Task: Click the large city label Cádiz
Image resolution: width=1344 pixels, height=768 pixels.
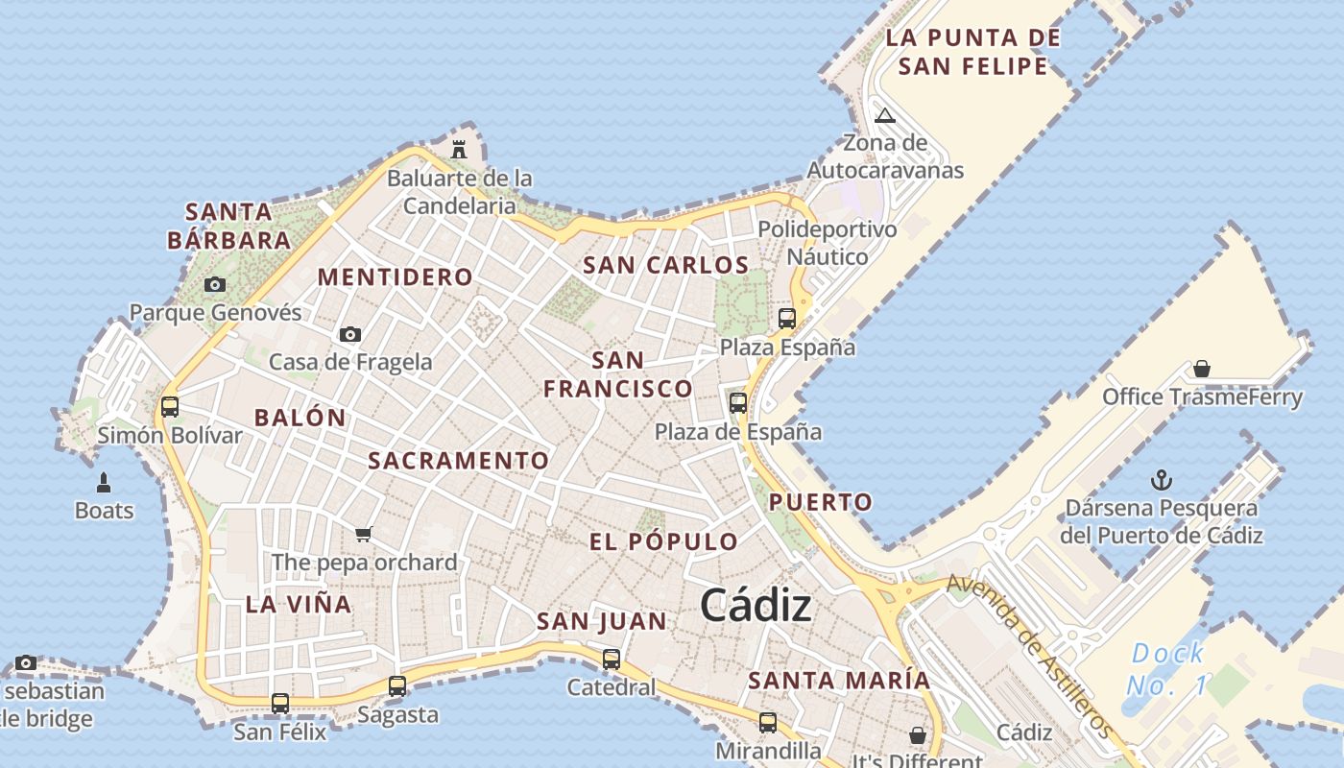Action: click(756, 606)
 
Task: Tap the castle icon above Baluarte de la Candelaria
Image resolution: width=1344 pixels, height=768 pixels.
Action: click(459, 150)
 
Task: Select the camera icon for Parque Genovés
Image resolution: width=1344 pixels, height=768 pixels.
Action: click(215, 284)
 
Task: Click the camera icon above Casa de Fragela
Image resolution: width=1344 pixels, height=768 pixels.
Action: click(350, 334)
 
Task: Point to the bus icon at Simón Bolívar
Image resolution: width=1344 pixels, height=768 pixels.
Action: click(170, 407)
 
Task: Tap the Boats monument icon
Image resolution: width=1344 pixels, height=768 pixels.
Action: click(104, 482)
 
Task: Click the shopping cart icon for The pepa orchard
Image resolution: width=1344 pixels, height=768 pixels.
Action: click(363, 534)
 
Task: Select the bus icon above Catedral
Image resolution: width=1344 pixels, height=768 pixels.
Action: click(612, 660)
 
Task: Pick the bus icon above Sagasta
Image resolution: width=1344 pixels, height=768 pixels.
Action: click(397, 686)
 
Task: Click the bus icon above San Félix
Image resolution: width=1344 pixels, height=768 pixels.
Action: click(280, 704)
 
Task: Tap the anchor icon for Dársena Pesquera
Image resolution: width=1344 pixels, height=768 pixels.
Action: click(1162, 479)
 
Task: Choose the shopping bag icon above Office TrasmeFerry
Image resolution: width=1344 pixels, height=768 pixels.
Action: click(1201, 369)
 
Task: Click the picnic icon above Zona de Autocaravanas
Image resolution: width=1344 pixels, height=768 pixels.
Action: click(884, 116)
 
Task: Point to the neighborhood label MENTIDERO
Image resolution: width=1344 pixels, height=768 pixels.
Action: click(395, 277)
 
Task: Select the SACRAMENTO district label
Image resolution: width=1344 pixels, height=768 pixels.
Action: click(458, 461)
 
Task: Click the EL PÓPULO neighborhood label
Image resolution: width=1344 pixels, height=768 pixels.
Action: click(663, 541)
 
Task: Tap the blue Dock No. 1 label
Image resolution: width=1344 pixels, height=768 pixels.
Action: click(1167, 670)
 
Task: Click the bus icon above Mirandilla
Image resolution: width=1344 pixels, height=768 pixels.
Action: click(768, 723)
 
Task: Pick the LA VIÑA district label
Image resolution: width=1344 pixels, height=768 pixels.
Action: click(299, 604)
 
